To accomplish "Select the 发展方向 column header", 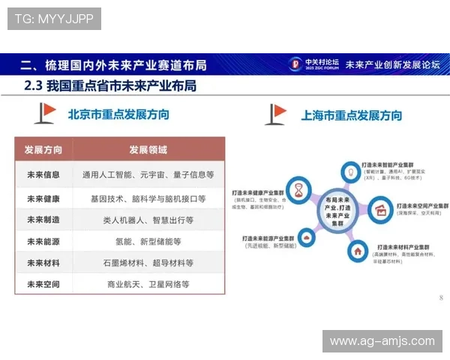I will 43,149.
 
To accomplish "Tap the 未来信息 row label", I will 43,175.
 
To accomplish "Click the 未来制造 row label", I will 43,220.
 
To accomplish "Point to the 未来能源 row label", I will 43,241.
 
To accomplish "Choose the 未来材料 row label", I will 43,263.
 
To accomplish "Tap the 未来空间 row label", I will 43,284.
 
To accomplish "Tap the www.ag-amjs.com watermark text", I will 382,341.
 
